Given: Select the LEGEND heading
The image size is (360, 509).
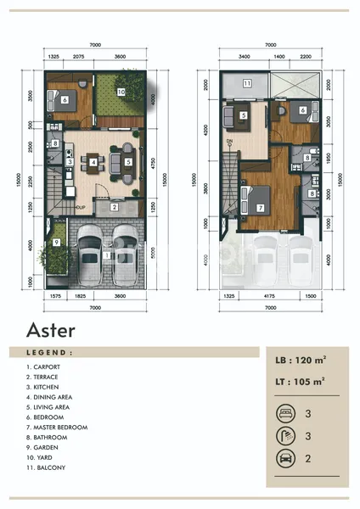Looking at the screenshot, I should tap(49, 351).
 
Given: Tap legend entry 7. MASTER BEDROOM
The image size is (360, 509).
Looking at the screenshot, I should tap(57, 428).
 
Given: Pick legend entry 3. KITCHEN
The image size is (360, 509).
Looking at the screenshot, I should tap(45, 388).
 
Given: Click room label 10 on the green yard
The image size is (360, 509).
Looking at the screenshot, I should tap(121, 91).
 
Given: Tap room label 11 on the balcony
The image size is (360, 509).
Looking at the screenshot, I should tap(246, 83).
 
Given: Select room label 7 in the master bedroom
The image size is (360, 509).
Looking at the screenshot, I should tap(260, 207).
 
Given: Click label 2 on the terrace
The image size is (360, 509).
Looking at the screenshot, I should tap(115, 207).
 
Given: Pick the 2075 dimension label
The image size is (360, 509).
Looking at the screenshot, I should tap(78, 57).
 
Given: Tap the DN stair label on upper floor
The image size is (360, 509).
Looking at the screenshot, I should tap(229, 142).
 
